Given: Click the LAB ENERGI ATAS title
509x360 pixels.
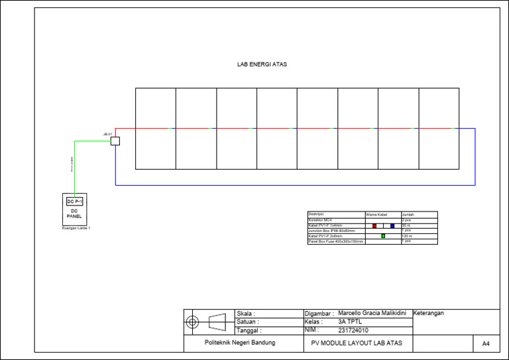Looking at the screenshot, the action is pyautogui.click(x=262, y=65).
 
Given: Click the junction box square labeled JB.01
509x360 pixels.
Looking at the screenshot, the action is pyautogui.click(x=115, y=141).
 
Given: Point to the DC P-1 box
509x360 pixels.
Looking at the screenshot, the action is pyautogui.click(x=74, y=201).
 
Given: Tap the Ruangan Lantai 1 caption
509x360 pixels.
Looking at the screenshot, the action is pyautogui.click(x=76, y=228).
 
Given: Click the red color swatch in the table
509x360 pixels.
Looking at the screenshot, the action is pyautogui.click(x=374, y=225).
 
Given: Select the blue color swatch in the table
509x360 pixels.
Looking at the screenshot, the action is pyautogui.click(x=392, y=225).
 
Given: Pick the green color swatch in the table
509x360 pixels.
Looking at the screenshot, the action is pyautogui.click(x=383, y=235).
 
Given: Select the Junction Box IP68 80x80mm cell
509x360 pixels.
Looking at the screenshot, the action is pyautogui.click(x=331, y=231).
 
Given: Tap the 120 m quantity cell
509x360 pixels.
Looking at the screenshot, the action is pyautogui.click(x=407, y=236).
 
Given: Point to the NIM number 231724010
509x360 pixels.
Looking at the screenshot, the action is pyautogui.click(x=353, y=330).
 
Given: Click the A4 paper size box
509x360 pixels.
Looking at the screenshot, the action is pyautogui.click(x=486, y=343).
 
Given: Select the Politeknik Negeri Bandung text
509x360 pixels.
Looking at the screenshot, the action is pyautogui.click(x=239, y=343).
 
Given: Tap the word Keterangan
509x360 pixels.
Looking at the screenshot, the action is pyautogui.click(x=429, y=312).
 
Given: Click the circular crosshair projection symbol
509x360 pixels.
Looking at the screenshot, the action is pyautogui.click(x=193, y=322).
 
